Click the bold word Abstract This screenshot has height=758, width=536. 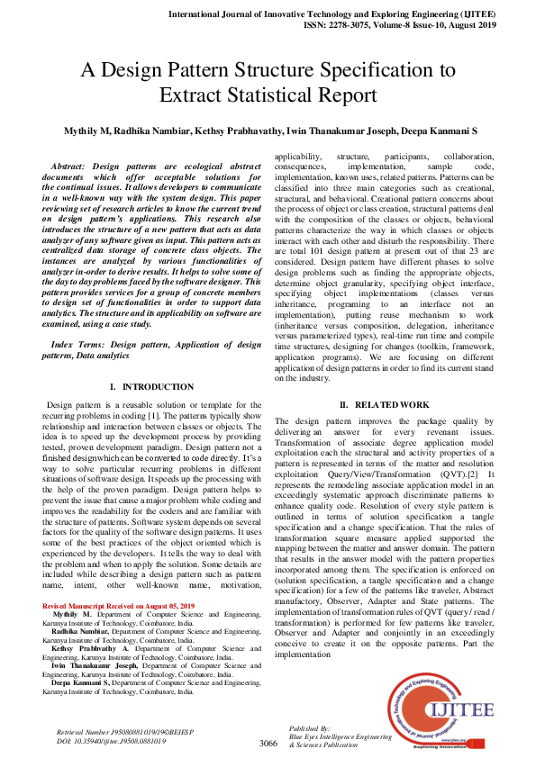point(70,167)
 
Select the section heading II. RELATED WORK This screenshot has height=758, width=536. point(385,404)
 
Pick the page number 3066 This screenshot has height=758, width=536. point(268,744)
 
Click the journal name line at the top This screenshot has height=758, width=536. point(352,15)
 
